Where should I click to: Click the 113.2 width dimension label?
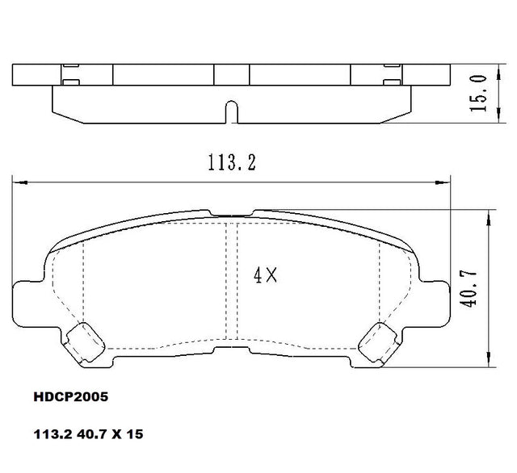[232, 163]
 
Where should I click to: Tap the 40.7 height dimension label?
[469, 288]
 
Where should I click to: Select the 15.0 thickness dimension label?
[478, 93]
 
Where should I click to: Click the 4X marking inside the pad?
[266, 275]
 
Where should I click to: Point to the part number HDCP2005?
[71, 397]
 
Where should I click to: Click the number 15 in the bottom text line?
[135, 434]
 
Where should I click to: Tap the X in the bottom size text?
[116, 434]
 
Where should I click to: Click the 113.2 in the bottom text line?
[53, 434]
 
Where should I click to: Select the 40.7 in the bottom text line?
[91, 434]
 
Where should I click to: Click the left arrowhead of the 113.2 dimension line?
[19, 182]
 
